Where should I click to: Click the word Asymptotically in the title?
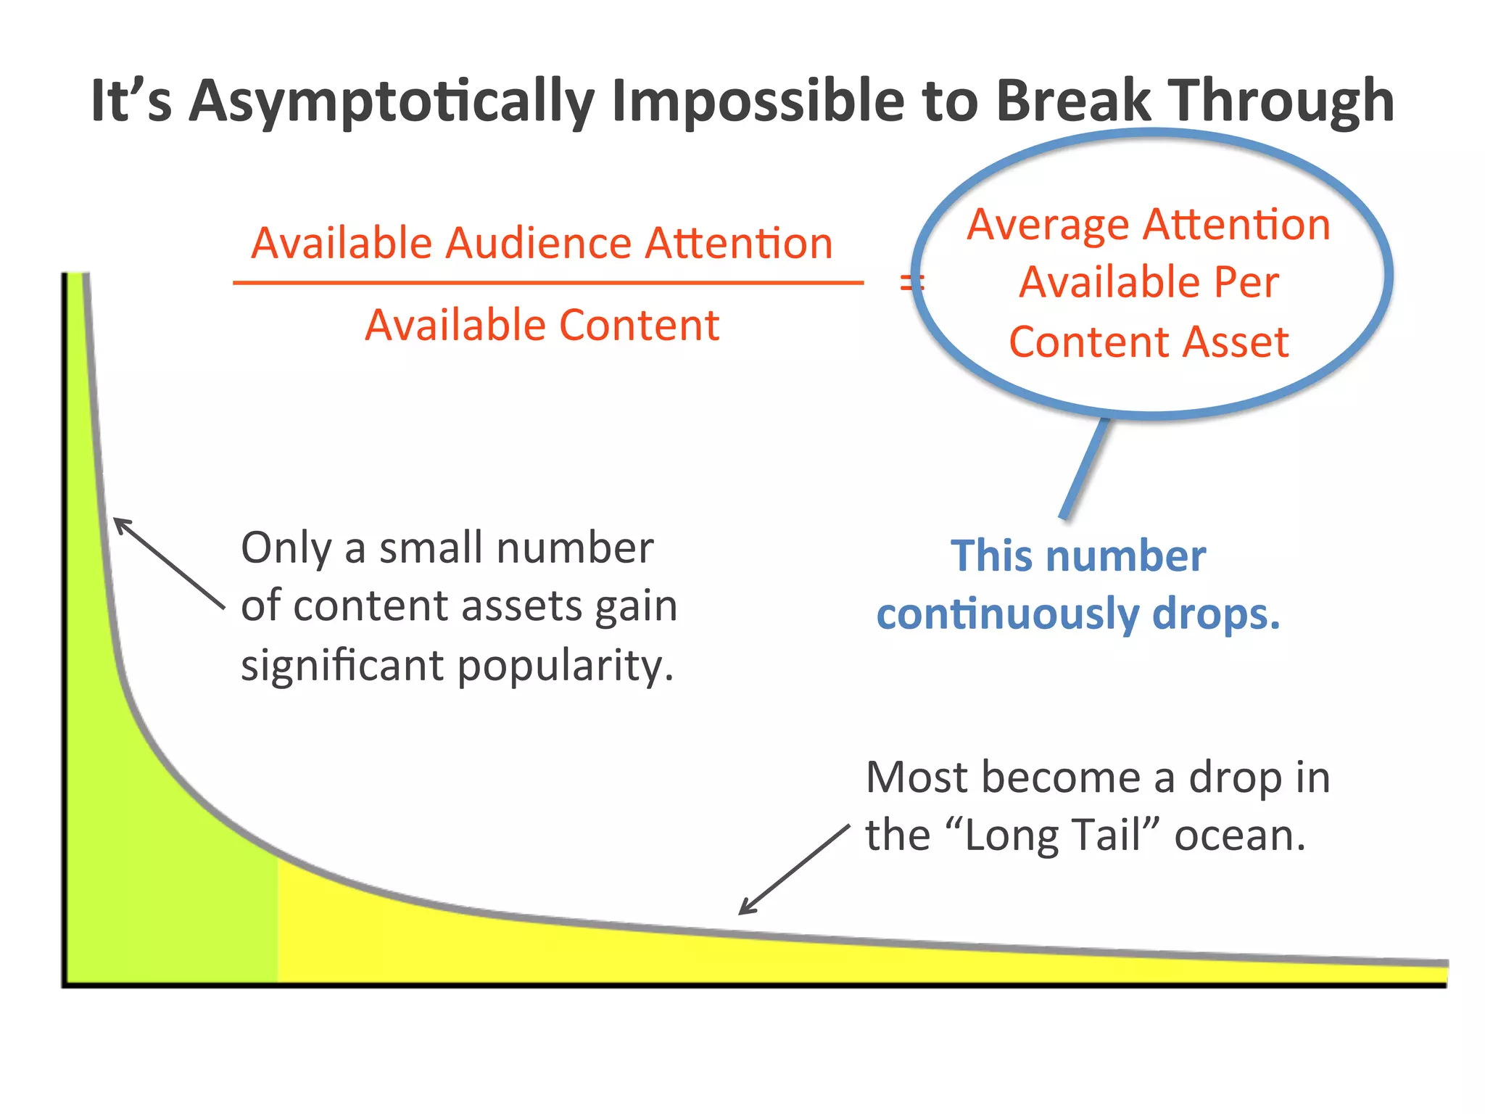pyautogui.click(x=392, y=102)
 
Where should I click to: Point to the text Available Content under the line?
pyautogui.click(x=542, y=325)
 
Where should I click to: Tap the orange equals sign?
pyautogui.click(x=909, y=283)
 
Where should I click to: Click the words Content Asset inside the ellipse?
pyautogui.click(x=1149, y=342)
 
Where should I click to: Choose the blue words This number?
pyautogui.click(x=1078, y=557)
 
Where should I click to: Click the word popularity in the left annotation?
pyautogui.click(x=566, y=666)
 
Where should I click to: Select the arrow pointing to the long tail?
pyautogui.click(x=794, y=869)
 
